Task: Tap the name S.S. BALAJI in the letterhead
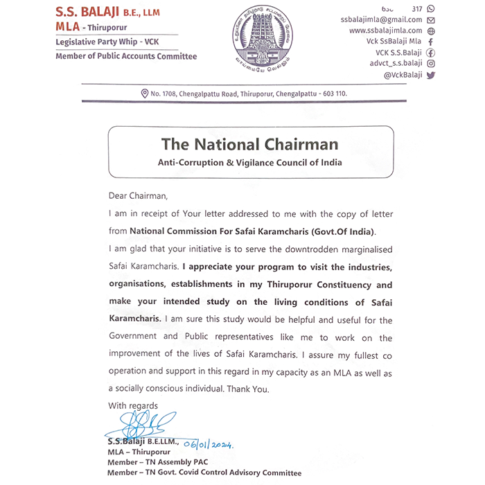point(94,12)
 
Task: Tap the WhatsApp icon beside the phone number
point(431,8)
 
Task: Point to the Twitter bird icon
point(431,75)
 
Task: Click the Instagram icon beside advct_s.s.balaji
point(431,64)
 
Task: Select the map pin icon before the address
point(144,94)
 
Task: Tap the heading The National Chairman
point(249,144)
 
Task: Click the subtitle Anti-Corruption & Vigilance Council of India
point(249,163)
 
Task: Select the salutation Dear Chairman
point(138,196)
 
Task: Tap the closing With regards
point(133,405)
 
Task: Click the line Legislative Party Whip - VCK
point(107,42)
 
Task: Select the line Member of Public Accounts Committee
point(126,56)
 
